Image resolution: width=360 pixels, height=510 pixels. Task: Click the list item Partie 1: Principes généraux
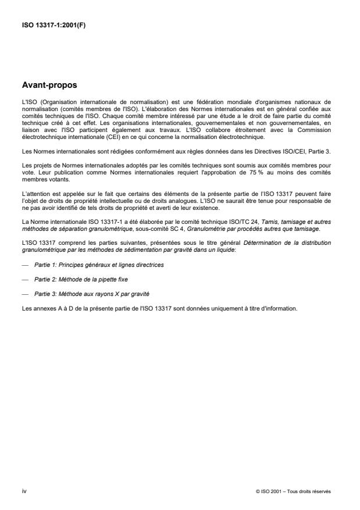coord(98,265)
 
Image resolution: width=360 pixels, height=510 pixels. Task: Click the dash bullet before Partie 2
coord(24,280)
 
